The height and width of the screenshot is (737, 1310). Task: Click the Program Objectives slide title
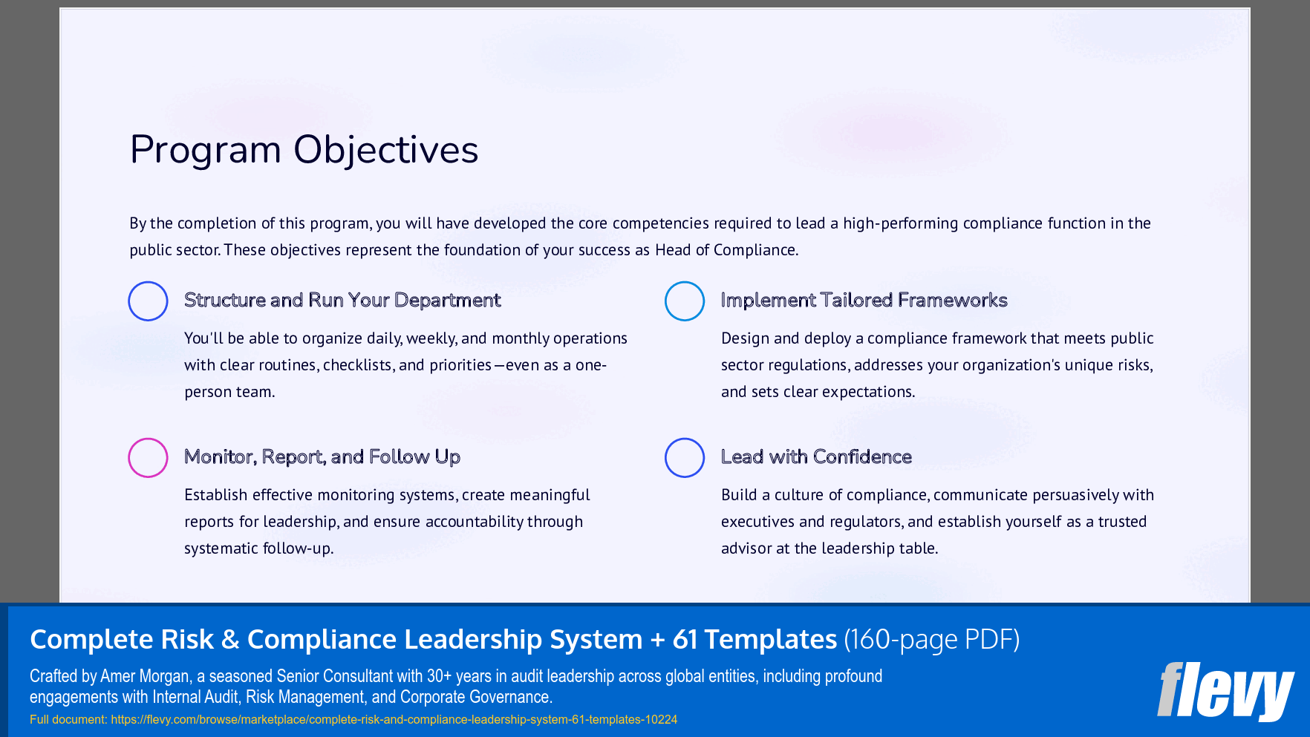304,150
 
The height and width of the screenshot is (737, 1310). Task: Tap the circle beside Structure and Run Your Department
148,301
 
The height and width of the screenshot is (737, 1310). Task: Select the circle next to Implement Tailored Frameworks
685,301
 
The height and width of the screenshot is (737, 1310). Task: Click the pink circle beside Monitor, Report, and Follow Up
148,457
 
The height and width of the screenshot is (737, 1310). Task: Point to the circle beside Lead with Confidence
685,457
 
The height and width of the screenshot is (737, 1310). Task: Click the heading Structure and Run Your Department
342,300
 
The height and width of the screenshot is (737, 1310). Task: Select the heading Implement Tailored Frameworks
864,300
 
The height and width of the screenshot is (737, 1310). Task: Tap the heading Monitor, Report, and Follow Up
322,456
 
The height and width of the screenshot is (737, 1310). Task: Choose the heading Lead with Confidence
816,456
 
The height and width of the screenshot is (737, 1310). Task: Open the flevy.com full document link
394,719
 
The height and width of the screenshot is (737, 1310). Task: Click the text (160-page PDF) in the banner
932,639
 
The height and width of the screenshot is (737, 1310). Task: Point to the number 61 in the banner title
685,639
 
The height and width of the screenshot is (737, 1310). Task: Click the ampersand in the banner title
230,639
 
